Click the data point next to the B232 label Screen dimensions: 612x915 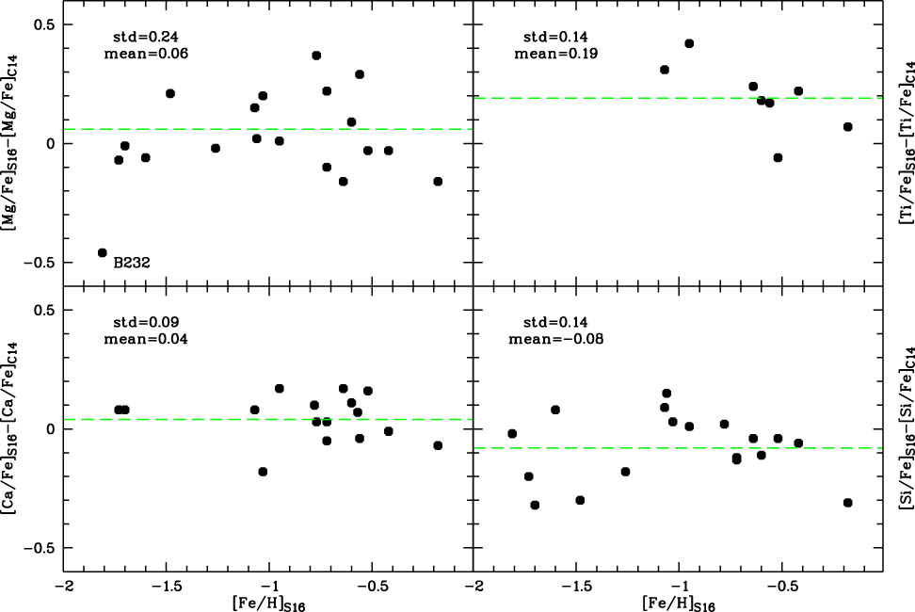pyautogui.click(x=102, y=252)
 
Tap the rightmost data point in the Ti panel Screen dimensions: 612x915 pyautogui.click(x=848, y=126)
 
